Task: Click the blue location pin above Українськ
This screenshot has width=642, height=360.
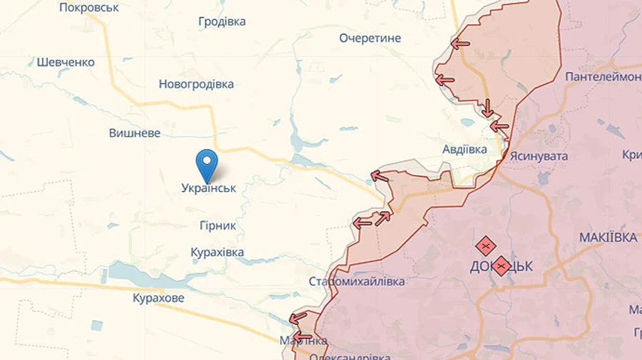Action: [207, 164]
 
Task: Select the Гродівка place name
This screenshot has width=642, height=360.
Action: [222, 21]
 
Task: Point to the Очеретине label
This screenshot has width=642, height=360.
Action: [370, 38]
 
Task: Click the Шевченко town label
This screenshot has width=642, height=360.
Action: [66, 62]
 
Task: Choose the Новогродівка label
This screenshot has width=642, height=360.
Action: [196, 84]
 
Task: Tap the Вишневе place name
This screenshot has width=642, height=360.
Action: [135, 133]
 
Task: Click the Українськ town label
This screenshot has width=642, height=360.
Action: [208, 188]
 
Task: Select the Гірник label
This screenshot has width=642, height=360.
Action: [218, 225]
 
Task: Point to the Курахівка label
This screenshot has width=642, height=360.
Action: [218, 252]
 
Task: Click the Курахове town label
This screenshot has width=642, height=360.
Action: [158, 298]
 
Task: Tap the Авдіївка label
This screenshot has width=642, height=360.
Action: [464, 150]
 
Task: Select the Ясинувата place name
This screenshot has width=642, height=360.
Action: [539, 155]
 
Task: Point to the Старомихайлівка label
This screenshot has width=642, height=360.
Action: [357, 282]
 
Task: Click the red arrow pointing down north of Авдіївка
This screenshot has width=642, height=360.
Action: [488, 108]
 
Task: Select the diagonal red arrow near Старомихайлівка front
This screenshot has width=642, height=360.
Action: [383, 218]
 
